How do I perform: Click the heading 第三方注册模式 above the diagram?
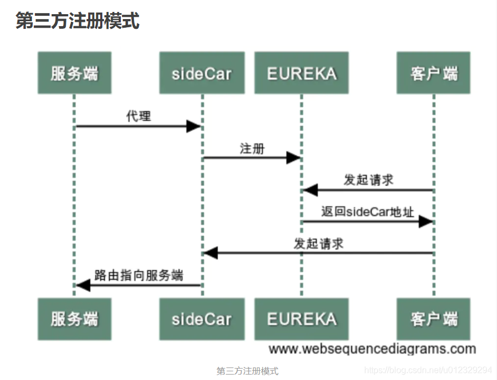coord(77,21)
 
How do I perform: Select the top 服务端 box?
coord(74,73)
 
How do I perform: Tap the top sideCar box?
coord(201,73)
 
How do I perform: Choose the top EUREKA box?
coord(301,73)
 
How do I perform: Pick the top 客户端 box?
coord(433,73)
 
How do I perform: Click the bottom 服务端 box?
coord(74,319)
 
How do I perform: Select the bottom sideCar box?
coord(201,319)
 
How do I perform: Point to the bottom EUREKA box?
coord(301,319)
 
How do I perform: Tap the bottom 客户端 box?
coord(433,319)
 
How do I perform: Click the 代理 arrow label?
coord(138,116)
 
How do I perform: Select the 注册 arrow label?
coord(252,148)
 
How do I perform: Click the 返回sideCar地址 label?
coord(367,212)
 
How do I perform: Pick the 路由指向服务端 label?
coord(139,275)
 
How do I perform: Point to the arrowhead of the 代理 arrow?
coord(194,126)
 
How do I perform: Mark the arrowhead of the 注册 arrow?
coord(294,158)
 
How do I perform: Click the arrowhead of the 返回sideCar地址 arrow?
coord(426,222)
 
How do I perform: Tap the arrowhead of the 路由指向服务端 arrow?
coord(83,285)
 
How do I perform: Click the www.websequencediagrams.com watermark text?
coord(372,348)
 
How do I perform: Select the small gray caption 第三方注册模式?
coord(248,371)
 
